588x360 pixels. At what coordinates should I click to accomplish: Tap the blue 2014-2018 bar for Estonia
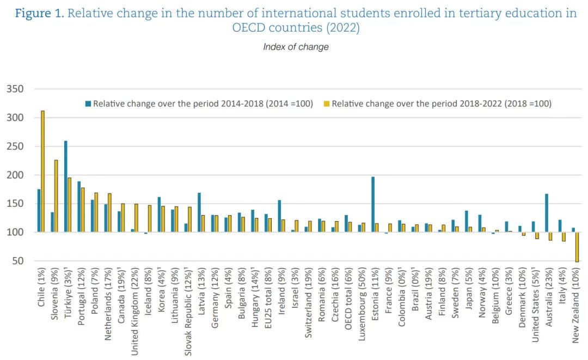point(373,204)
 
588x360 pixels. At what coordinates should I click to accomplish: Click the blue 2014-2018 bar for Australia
point(546,213)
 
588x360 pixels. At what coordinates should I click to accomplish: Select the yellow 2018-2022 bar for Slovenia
point(56,196)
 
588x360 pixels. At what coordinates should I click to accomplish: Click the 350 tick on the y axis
point(15,89)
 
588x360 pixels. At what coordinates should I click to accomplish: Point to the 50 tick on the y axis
point(17,261)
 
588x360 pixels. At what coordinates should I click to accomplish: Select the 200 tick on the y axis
point(15,175)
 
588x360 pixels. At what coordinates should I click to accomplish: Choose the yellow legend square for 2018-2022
point(327,103)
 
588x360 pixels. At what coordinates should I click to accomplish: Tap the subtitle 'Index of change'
point(296,47)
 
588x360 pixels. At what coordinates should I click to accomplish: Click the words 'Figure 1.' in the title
point(39,13)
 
